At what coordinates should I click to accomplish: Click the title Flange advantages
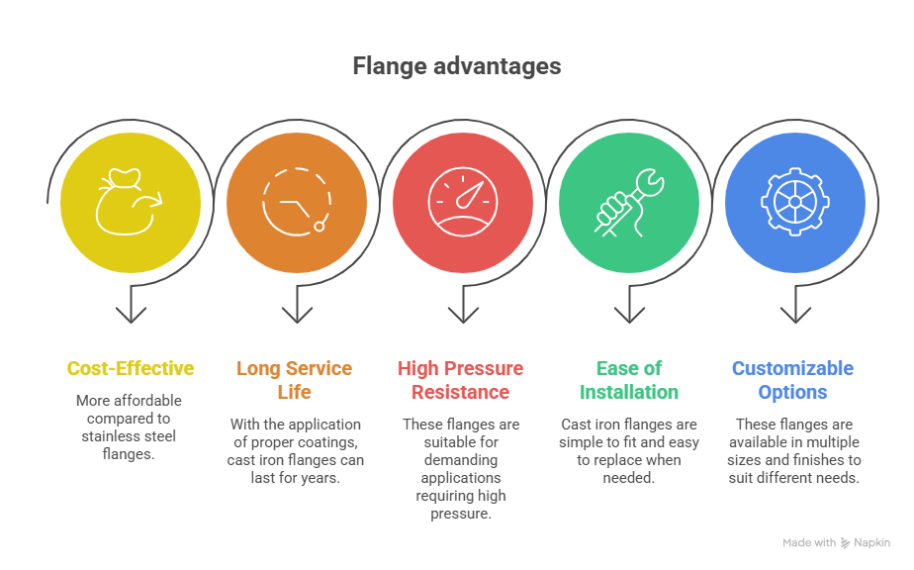click(x=456, y=66)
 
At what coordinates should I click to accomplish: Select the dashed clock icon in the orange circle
click(x=296, y=202)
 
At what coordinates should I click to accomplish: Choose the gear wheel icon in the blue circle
click(x=795, y=202)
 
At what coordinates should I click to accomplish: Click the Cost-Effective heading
click(x=131, y=369)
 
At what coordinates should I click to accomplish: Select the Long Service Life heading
click(x=294, y=380)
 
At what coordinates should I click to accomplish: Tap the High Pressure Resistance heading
click(x=460, y=380)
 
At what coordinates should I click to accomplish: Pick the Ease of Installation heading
click(x=629, y=380)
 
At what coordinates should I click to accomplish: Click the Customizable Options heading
click(x=792, y=380)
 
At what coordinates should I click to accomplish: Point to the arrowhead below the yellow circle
click(x=131, y=314)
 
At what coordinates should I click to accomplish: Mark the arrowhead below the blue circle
click(x=795, y=314)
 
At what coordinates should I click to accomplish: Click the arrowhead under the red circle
click(x=463, y=314)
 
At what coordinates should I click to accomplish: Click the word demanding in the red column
click(x=459, y=460)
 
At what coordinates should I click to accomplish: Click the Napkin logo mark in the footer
click(x=846, y=543)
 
